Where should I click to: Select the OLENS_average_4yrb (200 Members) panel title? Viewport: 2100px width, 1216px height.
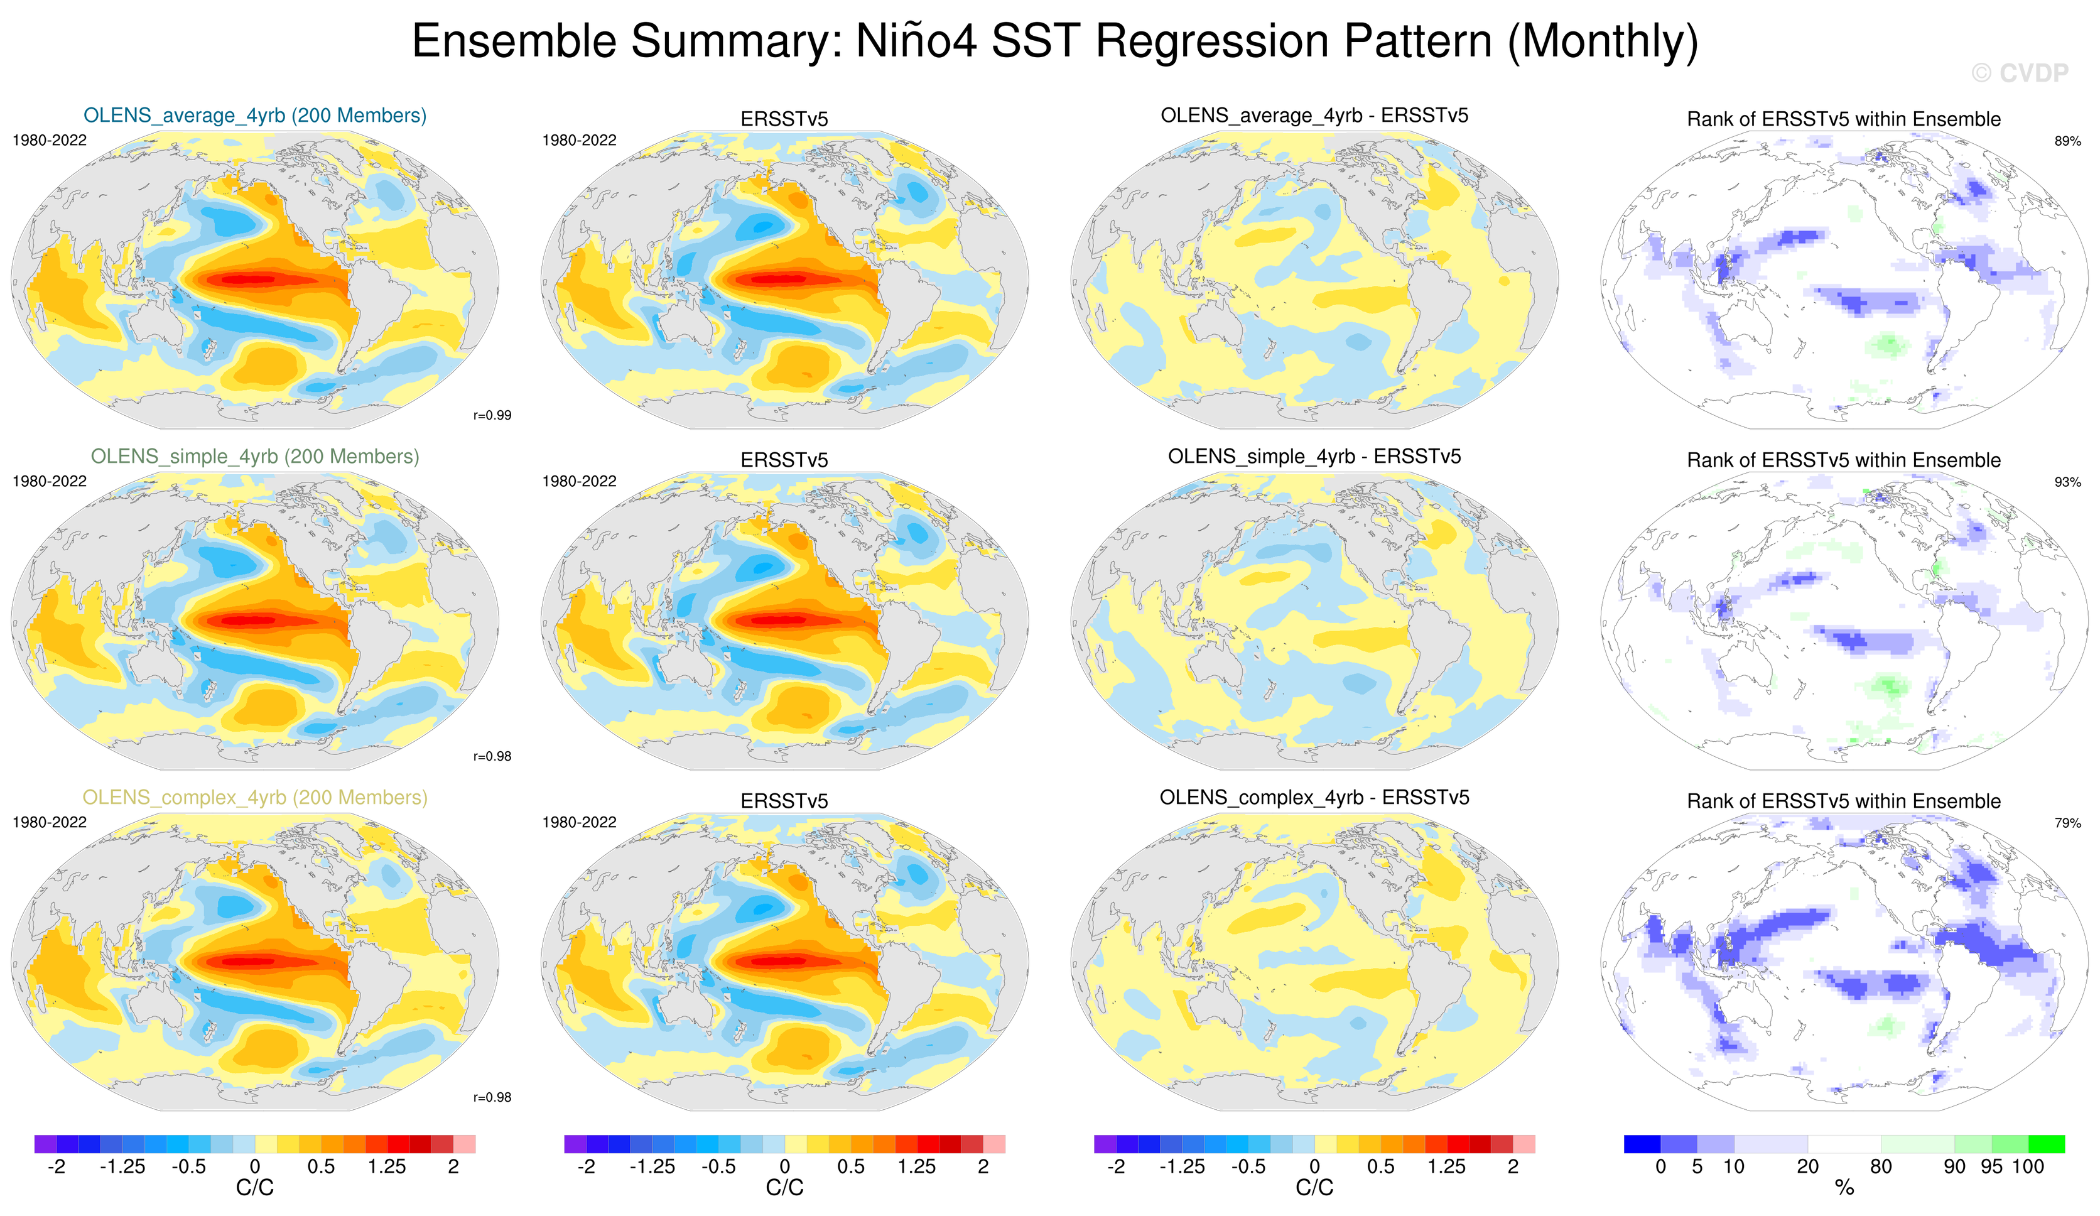pos(255,115)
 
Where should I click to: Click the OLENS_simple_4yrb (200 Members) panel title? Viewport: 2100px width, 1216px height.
pos(255,456)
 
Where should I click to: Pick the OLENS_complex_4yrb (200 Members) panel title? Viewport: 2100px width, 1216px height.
pos(255,797)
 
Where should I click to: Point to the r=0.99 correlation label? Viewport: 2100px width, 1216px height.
pos(492,415)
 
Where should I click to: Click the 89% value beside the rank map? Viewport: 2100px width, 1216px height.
pos(2067,141)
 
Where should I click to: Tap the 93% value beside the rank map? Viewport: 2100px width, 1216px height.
pos(2067,482)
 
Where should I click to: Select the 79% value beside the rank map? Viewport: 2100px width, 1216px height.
pos(2067,823)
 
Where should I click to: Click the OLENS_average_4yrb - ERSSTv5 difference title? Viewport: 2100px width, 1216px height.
pos(1314,115)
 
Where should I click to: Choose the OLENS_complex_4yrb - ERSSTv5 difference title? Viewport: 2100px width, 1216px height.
pos(1314,797)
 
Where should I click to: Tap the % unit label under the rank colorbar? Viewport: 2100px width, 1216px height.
pos(1844,1188)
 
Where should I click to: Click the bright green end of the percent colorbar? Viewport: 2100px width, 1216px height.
pos(2047,1144)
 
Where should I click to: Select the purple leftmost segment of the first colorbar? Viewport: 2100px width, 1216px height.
pos(45,1144)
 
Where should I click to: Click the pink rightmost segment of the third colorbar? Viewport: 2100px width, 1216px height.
pos(1524,1144)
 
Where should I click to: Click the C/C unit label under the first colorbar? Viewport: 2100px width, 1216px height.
pos(255,1188)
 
